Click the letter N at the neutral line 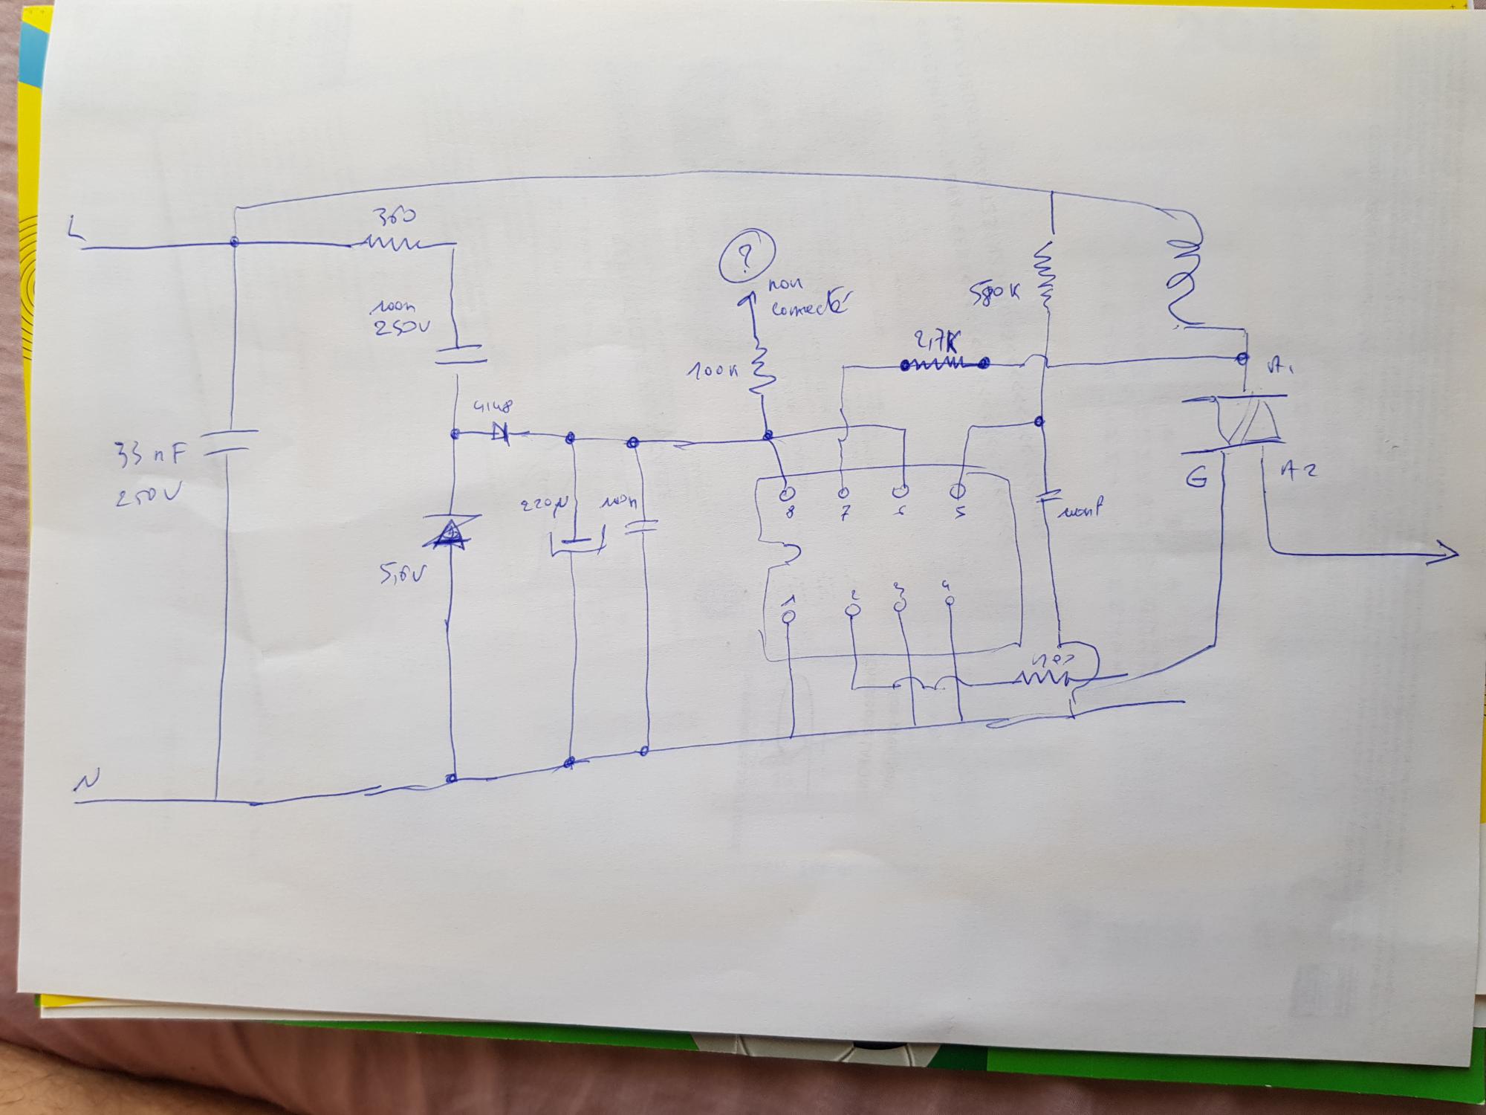coord(85,783)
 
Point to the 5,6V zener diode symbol coord(451,533)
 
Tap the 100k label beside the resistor coord(711,369)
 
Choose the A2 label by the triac coord(1297,471)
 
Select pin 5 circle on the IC coord(958,491)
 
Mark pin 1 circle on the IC coord(789,616)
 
